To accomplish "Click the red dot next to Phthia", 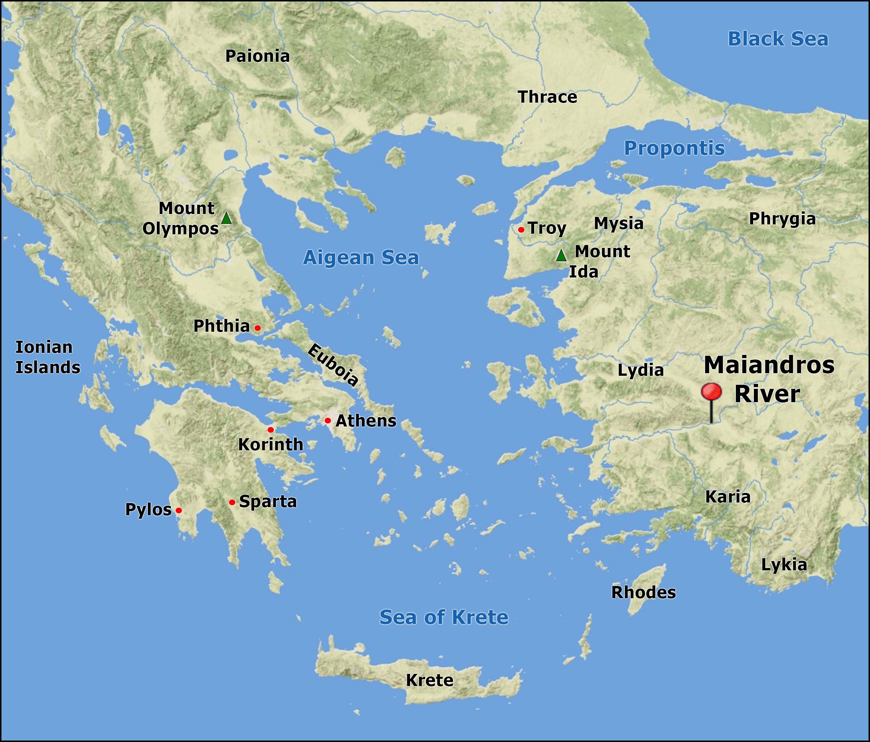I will click(x=258, y=328).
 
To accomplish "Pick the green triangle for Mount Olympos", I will click(x=226, y=218).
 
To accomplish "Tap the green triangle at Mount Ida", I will click(x=561, y=255).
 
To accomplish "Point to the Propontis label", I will click(x=674, y=148).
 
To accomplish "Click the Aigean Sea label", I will click(x=361, y=257).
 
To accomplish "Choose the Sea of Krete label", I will click(x=444, y=617).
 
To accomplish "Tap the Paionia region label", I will click(x=258, y=56).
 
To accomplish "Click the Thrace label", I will click(x=548, y=97).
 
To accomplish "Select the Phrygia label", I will click(x=782, y=219).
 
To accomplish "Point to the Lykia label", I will click(x=784, y=565).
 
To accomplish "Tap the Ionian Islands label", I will click(x=48, y=357).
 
